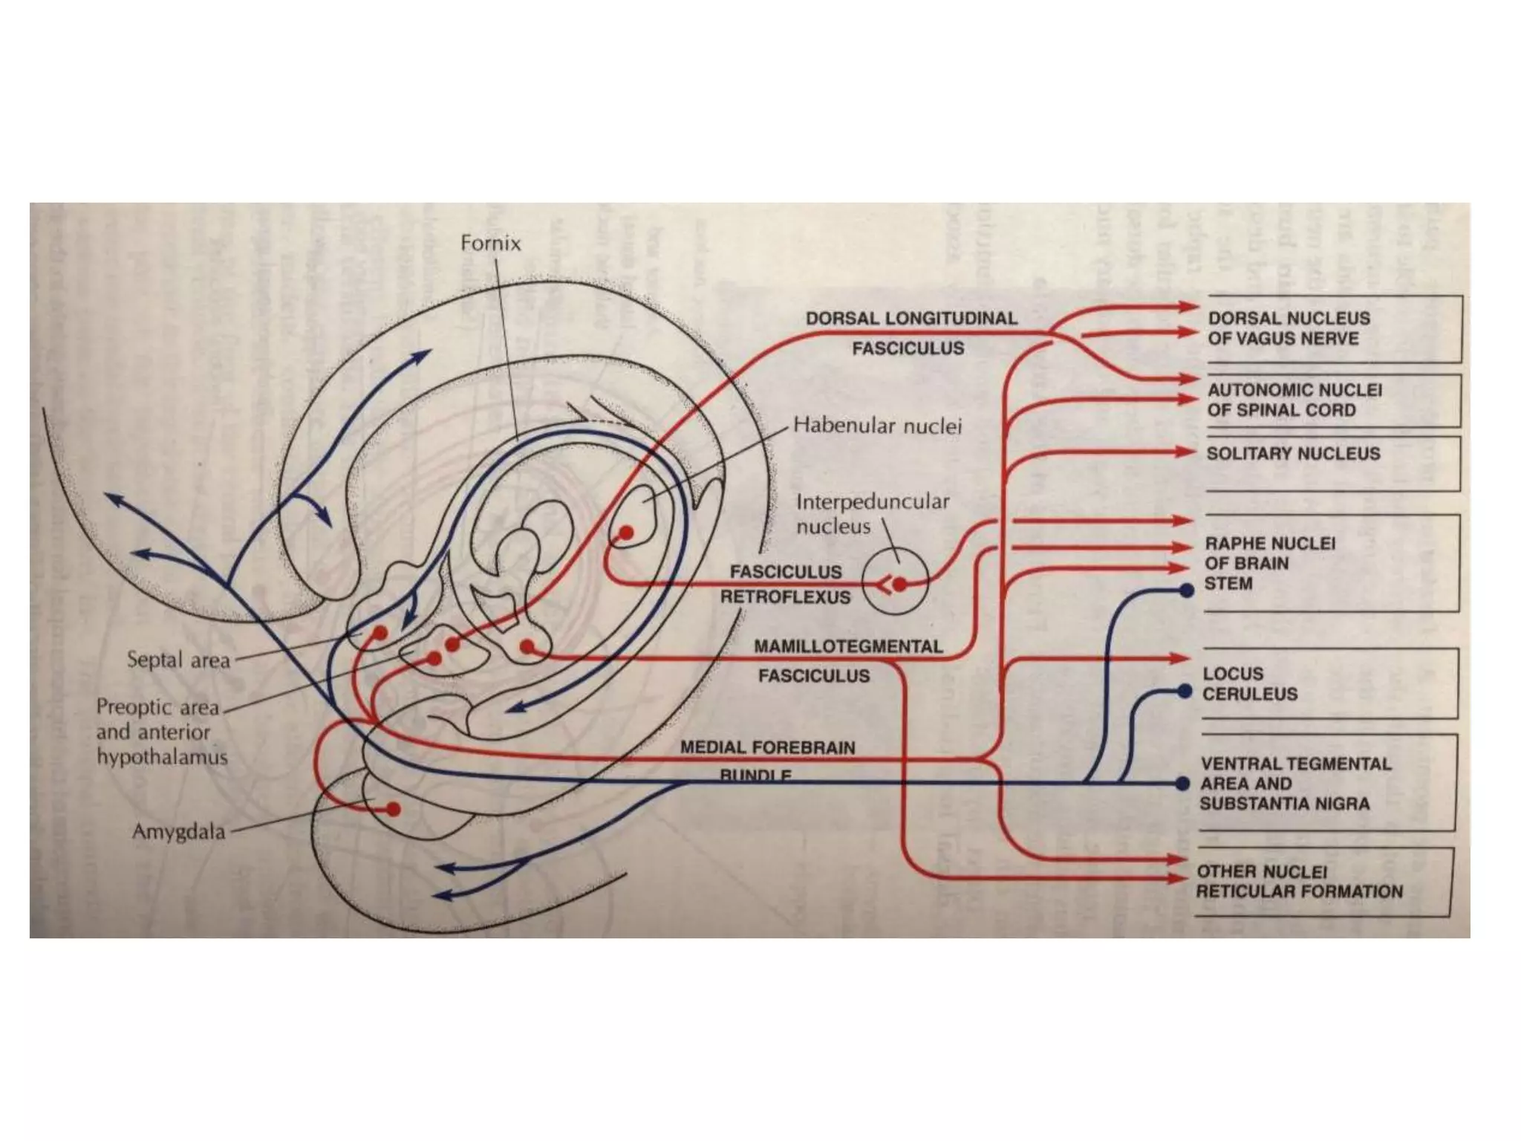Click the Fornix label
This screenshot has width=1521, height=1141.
coord(490,244)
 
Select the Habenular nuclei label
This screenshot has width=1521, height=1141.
coord(877,426)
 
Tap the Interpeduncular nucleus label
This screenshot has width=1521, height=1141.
coord(872,513)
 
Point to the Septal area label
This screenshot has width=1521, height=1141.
coord(178,660)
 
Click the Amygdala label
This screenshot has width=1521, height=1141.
coord(178,831)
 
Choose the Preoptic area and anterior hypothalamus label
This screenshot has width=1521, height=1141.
coord(162,732)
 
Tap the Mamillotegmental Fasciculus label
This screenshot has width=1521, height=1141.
coord(847,661)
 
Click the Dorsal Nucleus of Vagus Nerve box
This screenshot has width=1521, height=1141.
coord(1329,328)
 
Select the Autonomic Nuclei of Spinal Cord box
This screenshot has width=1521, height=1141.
coord(1329,400)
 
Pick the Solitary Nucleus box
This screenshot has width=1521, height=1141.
coord(1329,455)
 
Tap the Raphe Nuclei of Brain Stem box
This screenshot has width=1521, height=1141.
coord(1329,563)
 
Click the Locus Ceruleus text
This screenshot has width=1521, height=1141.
coord(1250,683)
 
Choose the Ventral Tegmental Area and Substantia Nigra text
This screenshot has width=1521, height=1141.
coord(1295,784)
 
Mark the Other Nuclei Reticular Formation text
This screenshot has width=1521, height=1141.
coord(1299,882)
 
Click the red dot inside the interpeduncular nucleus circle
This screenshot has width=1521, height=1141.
coord(899,585)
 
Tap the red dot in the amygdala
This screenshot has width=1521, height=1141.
coord(394,809)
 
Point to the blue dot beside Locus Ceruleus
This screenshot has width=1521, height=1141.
coord(1185,692)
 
